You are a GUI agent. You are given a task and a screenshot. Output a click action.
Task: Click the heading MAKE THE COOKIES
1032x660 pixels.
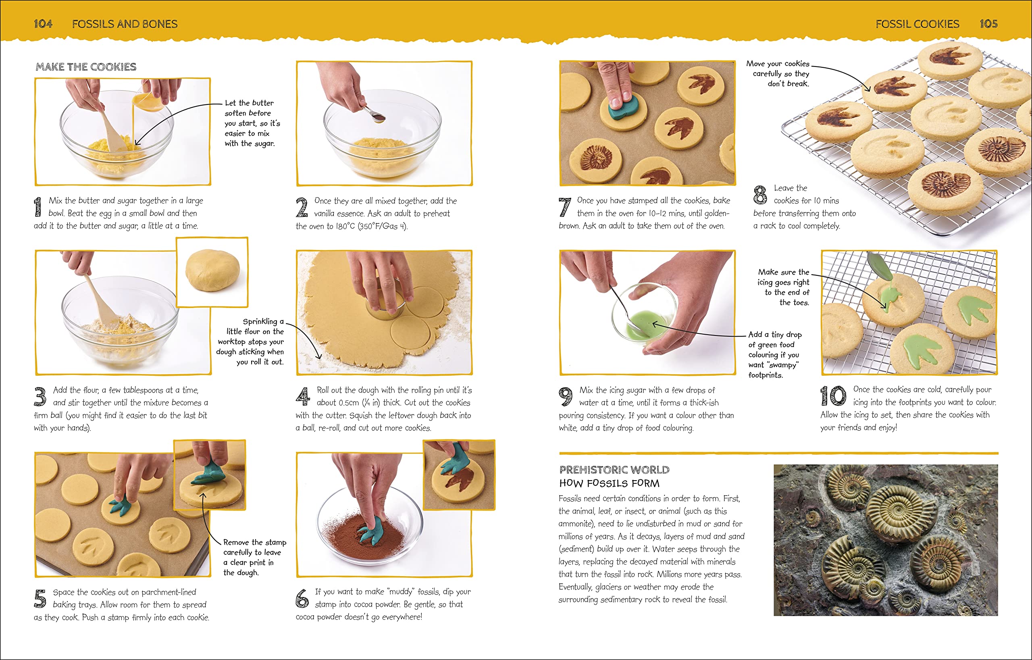86,67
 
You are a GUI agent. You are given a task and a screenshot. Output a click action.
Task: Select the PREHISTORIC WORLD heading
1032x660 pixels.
614,470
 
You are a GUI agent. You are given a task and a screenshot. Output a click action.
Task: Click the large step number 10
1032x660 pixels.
833,396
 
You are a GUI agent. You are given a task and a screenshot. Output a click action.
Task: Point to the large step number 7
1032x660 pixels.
565,206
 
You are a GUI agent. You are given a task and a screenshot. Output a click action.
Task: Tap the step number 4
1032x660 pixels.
303,396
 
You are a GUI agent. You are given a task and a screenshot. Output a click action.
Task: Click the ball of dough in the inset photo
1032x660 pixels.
212,271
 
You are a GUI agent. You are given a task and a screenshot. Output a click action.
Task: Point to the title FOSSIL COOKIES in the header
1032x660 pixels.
917,24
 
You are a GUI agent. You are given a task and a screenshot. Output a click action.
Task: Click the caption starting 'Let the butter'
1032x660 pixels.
252,123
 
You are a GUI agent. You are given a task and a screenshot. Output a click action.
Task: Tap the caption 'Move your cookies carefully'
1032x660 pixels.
778,74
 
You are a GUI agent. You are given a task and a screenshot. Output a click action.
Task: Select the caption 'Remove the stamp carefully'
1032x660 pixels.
254,557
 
